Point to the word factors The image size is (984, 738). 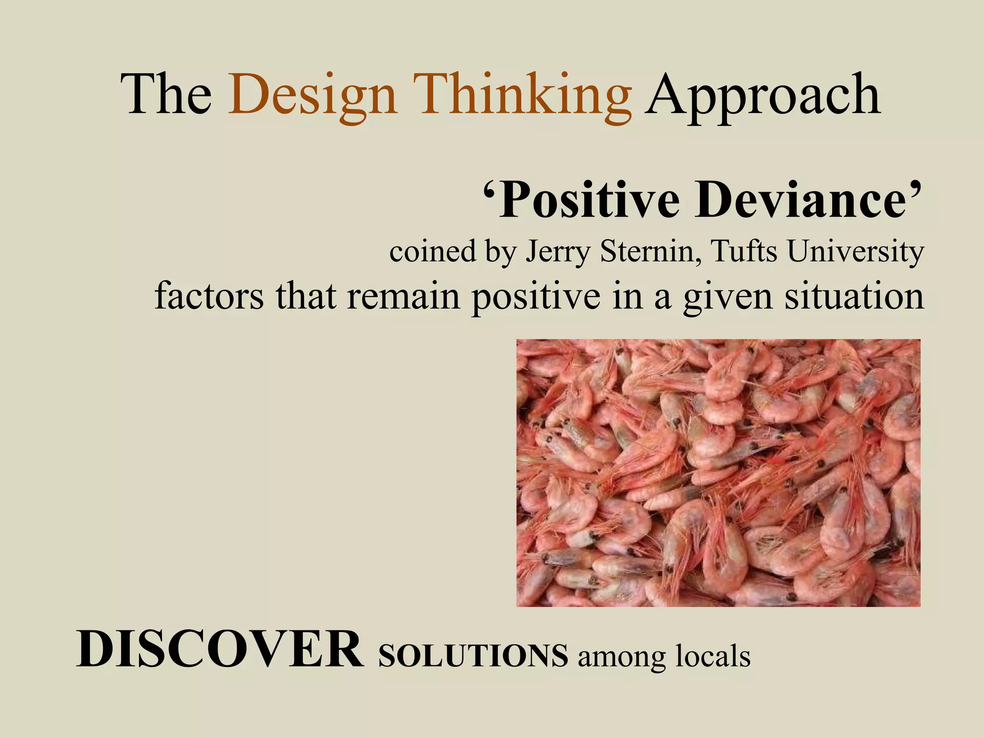pyautogui.click(x=209, y=296)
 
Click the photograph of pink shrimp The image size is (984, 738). pyautogui.click(x=718, y=473)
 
